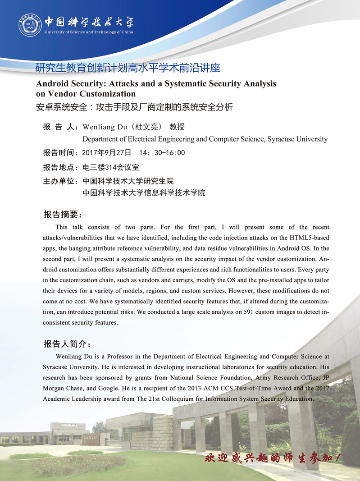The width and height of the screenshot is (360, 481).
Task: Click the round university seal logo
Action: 30,26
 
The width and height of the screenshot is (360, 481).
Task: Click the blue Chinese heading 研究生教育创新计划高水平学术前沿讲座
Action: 128,69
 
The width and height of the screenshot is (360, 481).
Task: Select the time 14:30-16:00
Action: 162,153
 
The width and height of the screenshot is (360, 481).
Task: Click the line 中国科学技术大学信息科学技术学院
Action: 144,193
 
